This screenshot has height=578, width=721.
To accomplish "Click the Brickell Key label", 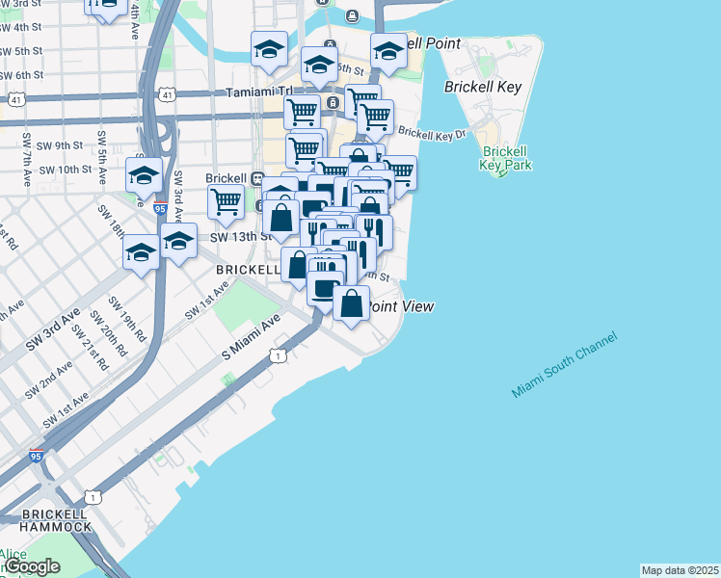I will (483, 87).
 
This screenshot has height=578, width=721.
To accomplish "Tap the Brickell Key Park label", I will (505, 159).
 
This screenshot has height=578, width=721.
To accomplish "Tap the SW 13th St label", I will (234, 236).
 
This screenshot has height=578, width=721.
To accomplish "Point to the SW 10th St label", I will (67, 170).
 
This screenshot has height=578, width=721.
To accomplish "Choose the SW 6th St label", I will (21, 75).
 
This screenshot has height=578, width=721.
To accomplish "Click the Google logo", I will (31, 566).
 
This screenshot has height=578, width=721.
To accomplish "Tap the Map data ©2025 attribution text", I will (680, 570).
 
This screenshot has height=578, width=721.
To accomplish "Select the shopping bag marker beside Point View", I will (352, 303).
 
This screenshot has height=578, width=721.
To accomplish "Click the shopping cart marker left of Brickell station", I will (225, 202).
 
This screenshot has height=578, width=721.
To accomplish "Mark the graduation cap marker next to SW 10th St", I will (144, 175).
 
